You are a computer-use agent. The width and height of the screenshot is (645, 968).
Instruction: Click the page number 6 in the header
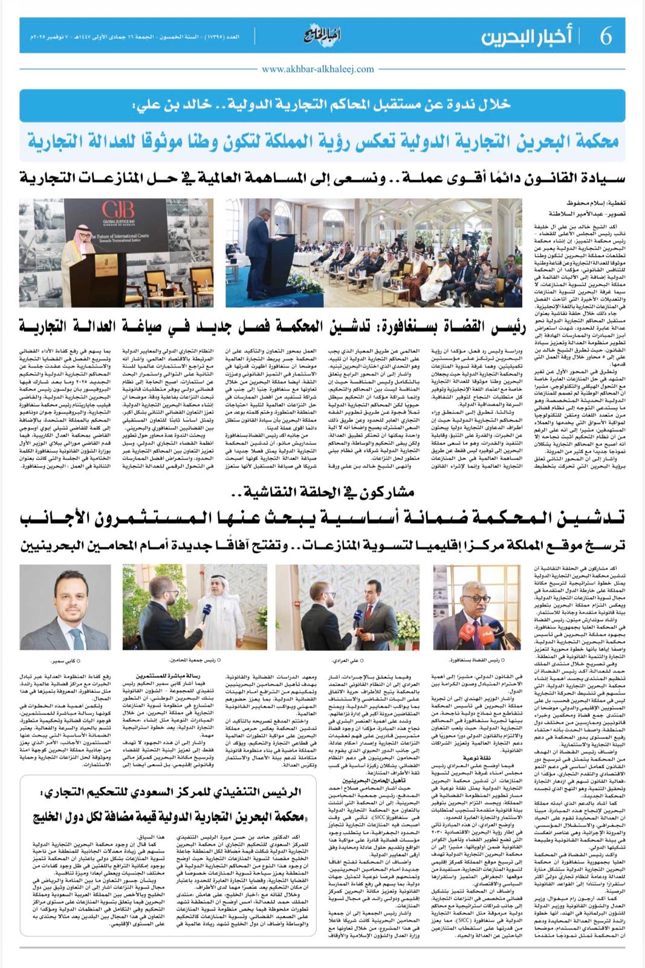click(606, 36)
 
